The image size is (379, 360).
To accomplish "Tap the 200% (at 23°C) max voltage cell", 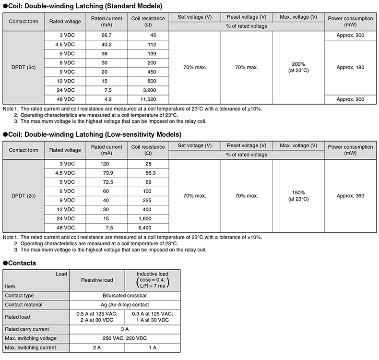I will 298,68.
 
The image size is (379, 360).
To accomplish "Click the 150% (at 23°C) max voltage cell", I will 298,196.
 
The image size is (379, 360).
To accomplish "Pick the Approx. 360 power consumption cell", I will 350,196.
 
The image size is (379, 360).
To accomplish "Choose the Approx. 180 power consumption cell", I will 350,68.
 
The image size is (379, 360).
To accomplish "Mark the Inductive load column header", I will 153,280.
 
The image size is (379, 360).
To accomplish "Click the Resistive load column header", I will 97,280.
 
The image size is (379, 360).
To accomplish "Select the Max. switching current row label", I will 28,348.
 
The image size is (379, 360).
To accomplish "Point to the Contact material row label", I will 24,305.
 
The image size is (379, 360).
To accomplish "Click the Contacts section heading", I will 20,263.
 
